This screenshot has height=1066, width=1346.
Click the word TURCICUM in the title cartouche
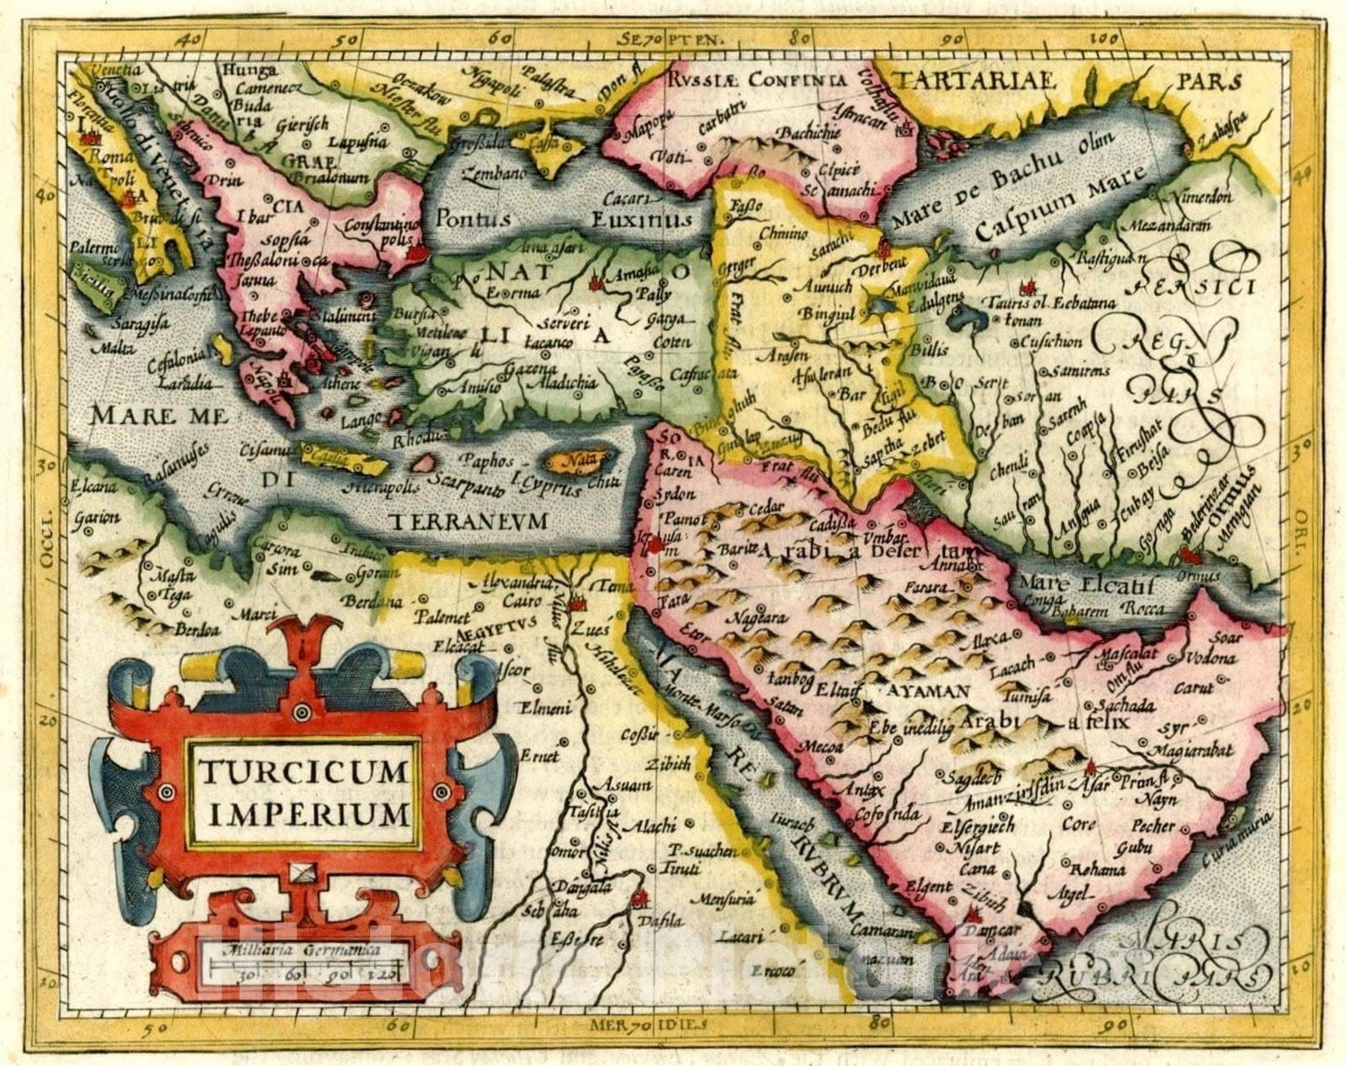click(x=303, y=769)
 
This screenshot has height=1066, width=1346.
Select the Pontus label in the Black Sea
click(x=472, y=219)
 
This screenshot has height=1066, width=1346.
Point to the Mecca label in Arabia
click(x=820, y=745)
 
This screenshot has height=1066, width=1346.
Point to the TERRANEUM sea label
click(x=469, y=521)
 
